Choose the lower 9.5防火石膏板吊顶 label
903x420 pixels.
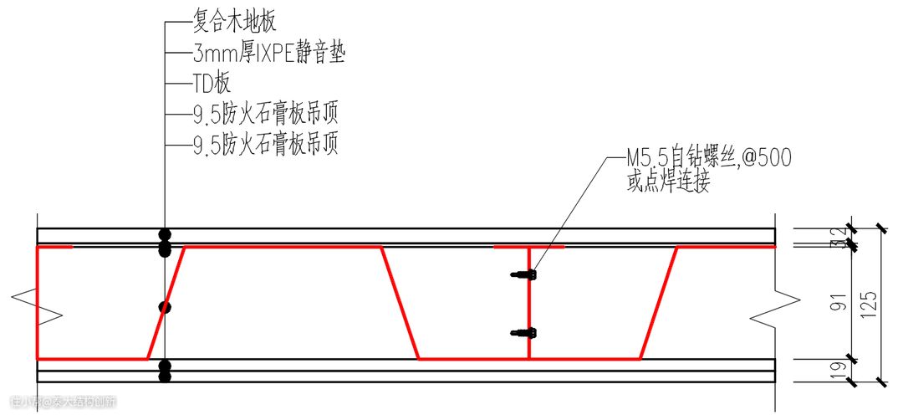pos(265,145)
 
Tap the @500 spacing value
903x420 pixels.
pos(764,156)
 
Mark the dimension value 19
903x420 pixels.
pos(838,370)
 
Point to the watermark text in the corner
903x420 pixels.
pos(63,402)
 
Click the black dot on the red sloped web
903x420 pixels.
pos(166,307)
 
